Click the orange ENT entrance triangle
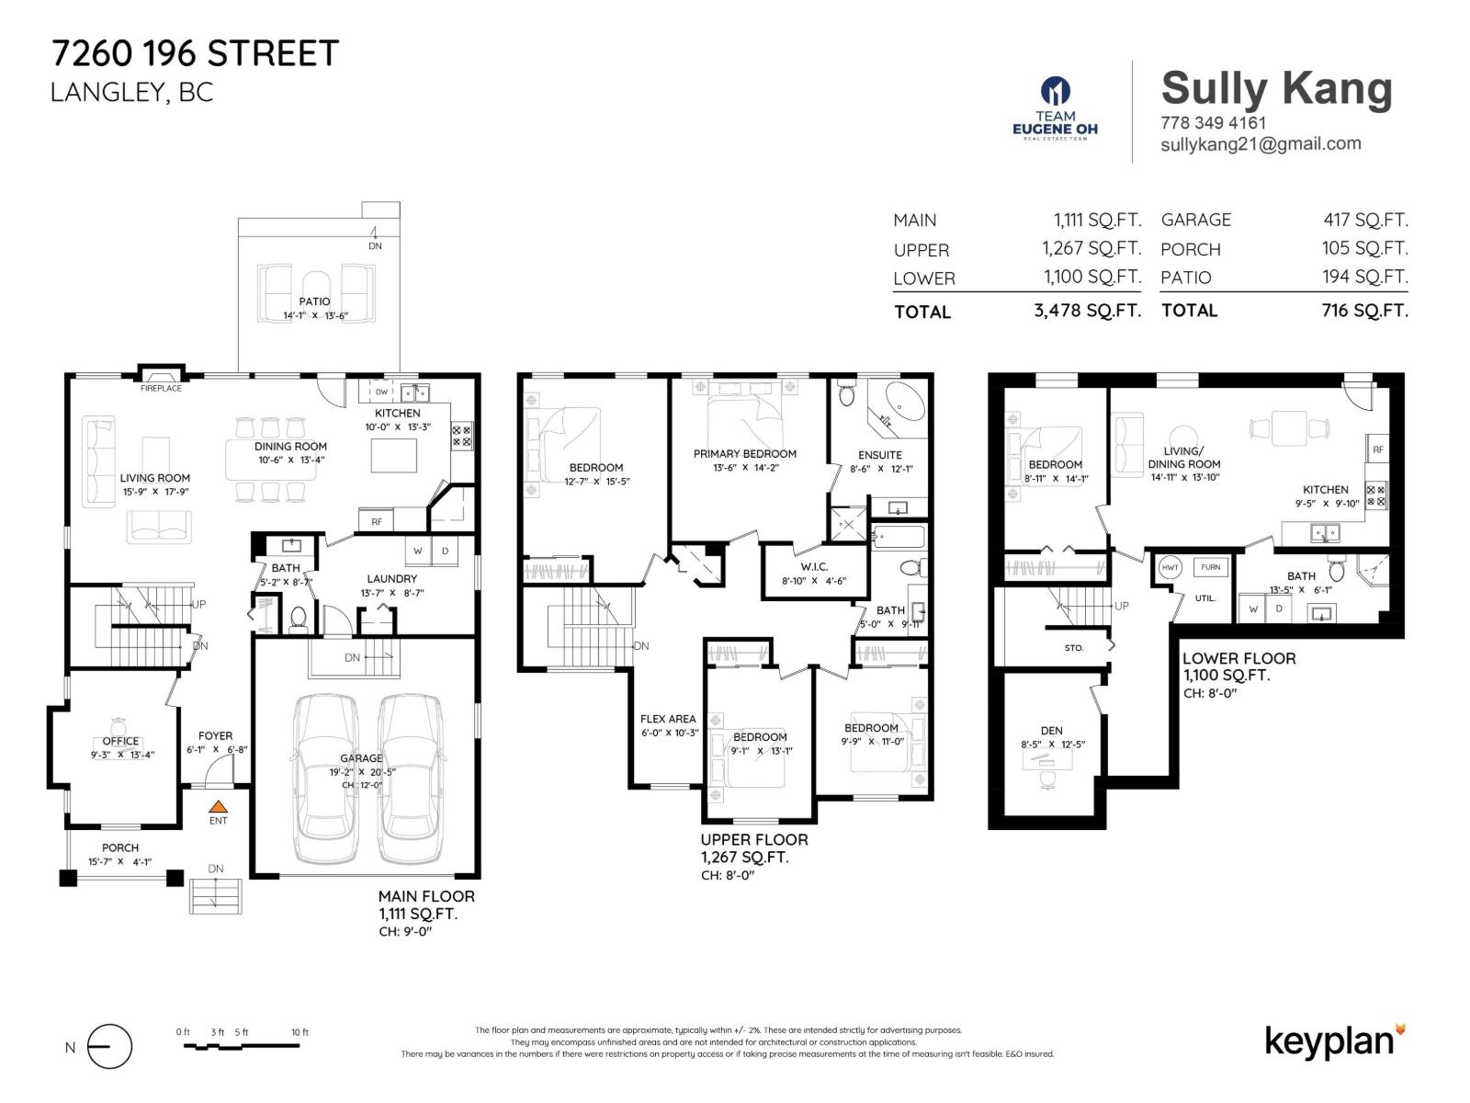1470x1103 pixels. click(x=217, y=805)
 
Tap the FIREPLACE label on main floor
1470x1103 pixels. click(x=161, y=389)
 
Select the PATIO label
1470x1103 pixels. click(x=314, y=301)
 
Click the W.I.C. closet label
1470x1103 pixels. click(x=814, y=567)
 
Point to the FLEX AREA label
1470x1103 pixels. click(x=668, y=719)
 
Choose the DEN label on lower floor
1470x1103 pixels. click(x=1052, y=731)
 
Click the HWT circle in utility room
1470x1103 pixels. click(x=1170, y=567)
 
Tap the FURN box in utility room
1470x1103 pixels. click(x=1210, y=567)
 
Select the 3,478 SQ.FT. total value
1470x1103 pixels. click(x=1087, y=311)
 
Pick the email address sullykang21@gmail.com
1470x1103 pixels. click(x=1261, y=144)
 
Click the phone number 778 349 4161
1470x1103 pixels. click(x=1213, y=122)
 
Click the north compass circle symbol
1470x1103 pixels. click(x=110, y=1047)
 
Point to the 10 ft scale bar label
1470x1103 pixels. click(x=300, y=1032)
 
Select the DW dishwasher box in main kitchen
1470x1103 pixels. click(x=381, y=392)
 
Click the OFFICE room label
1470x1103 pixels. click(x=120, y=741)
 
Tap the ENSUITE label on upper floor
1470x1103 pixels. click(x=879, y=455)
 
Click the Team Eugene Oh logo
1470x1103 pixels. click(x=1055, y=108)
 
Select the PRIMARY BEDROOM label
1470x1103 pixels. click(x=744, y=453)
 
